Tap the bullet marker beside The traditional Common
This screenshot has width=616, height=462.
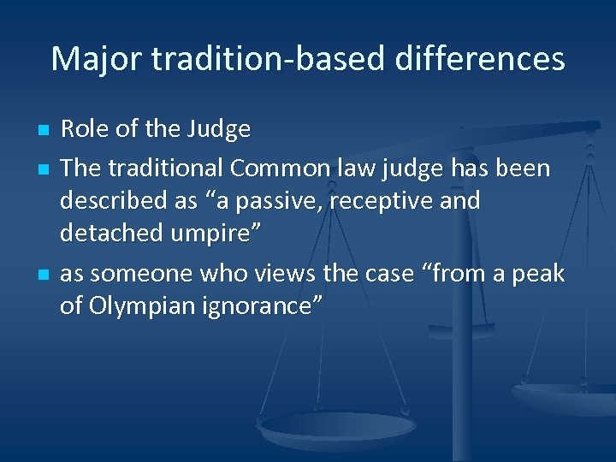43,169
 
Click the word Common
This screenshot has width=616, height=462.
275,168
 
